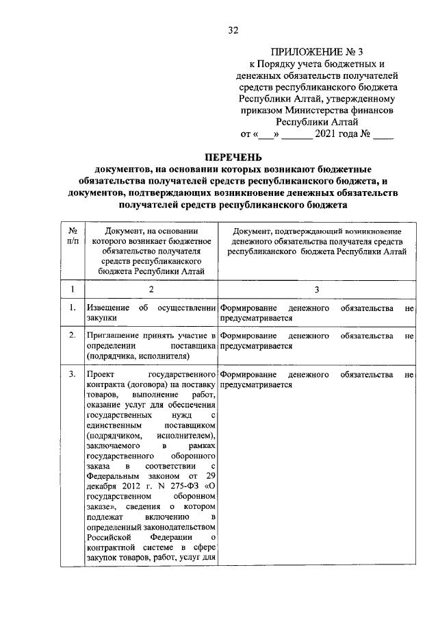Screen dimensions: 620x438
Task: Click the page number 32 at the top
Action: pyautogui.click(x=234, y=30)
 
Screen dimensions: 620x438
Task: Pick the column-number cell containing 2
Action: pyautogui.click(x=151, y=290)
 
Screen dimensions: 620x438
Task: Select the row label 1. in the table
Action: pyautogui.click(x=72, y=308)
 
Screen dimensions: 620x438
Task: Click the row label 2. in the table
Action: pyautogui.click(x=72, y=336)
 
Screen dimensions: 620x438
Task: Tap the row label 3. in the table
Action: pyautogui.click(x=72, y=375)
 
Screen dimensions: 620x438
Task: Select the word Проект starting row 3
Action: pyautogui.click(x=102, y=375)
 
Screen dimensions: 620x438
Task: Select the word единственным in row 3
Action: pyautogui.click(x=114, y=425)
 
